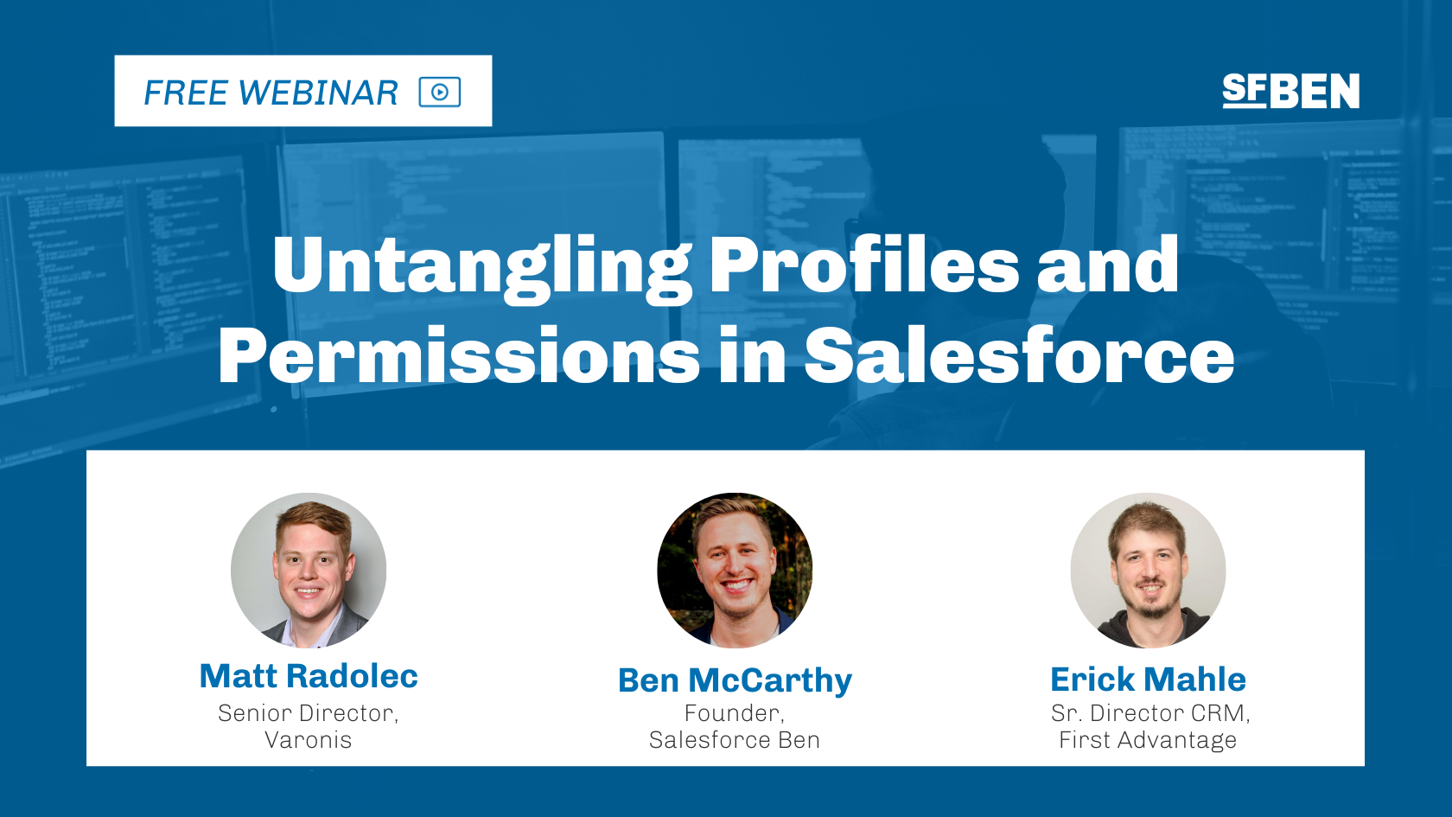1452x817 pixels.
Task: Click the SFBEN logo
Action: click(x=1290, y=91)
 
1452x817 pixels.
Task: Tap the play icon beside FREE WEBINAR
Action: click(x=440, y=92)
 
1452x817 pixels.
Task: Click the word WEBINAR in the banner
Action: click(x=318, y=93)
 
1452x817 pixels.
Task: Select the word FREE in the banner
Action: click(x=185, y=93)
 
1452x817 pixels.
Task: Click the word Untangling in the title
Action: click(x=481, y=265)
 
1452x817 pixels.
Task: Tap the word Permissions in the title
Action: click(x=459, y=355)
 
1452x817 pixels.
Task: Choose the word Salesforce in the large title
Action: click(x=1019, y=355)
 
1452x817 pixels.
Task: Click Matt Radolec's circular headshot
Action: click(x=309, y=570)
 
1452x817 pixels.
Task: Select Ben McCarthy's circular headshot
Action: click(x=735, y=570)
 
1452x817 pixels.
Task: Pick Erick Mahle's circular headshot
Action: click(x=1148, y=570)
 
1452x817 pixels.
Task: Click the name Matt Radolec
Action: click(x=309, y=676)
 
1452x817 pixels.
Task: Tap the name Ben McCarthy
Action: click(x=735, y=680)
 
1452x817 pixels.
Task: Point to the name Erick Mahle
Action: click(x=1148, y=680)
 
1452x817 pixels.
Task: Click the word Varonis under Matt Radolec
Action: click(x=309, y=740)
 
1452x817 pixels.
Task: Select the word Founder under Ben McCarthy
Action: click(x=734, y=713)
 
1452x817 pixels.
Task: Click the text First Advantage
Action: click(x=1148, y=740)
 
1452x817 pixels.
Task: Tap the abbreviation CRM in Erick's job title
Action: click(x=1219, y=713)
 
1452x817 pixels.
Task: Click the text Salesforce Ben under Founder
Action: click(x=735, y=740)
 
